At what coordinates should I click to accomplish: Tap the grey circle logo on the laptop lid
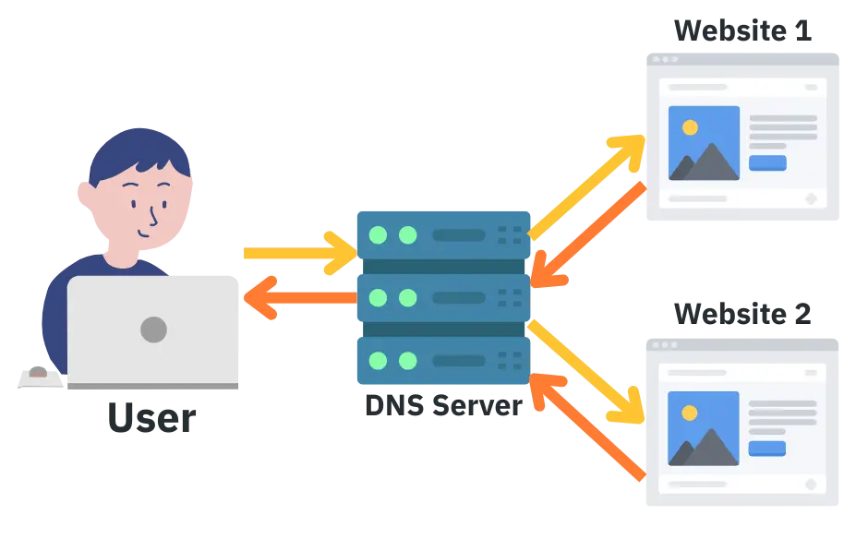tap(153, 329)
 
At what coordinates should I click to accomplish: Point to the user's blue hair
tap(139, 152)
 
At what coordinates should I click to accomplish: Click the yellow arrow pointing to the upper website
tap(591, 181)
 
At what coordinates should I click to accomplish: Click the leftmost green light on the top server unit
tap(378, 234)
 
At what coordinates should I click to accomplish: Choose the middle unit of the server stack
tap(443, 297)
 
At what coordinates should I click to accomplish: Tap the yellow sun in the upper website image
tap(688, 126)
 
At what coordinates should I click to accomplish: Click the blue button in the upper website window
tap(767, 163)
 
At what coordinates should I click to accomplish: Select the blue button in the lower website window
tap(767, 449)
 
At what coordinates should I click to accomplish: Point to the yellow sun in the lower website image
tap(688, 411)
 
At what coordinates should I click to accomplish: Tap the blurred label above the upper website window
tap(742, 30)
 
